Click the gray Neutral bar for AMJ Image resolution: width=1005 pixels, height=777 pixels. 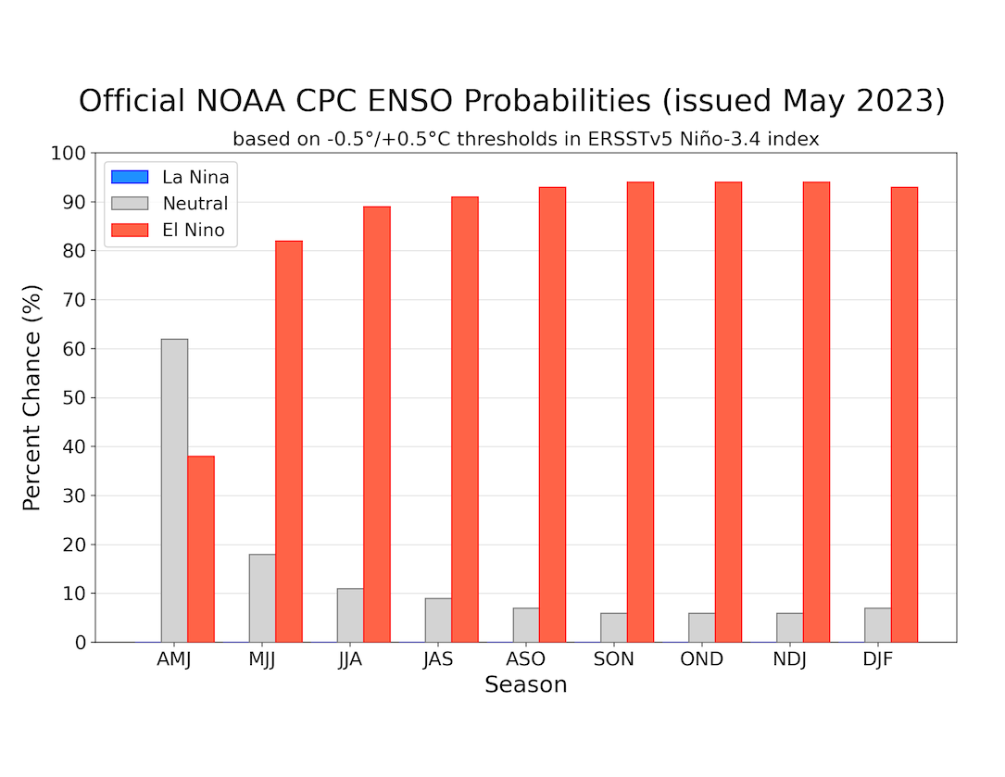coord(174,490)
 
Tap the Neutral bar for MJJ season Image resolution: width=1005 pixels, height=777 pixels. coord(262,597)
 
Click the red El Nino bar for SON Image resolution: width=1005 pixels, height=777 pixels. coord(640,412)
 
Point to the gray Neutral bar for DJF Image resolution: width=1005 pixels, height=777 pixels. coord(878,625)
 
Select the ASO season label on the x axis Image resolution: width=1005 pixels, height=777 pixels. coord(526,660)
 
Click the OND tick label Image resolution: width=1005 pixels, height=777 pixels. coord(702,660)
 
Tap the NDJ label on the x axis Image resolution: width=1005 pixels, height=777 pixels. coord(790,660)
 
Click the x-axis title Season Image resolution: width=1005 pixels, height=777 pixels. coord(525,685)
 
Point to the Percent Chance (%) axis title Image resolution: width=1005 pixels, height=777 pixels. coord(32,396)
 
